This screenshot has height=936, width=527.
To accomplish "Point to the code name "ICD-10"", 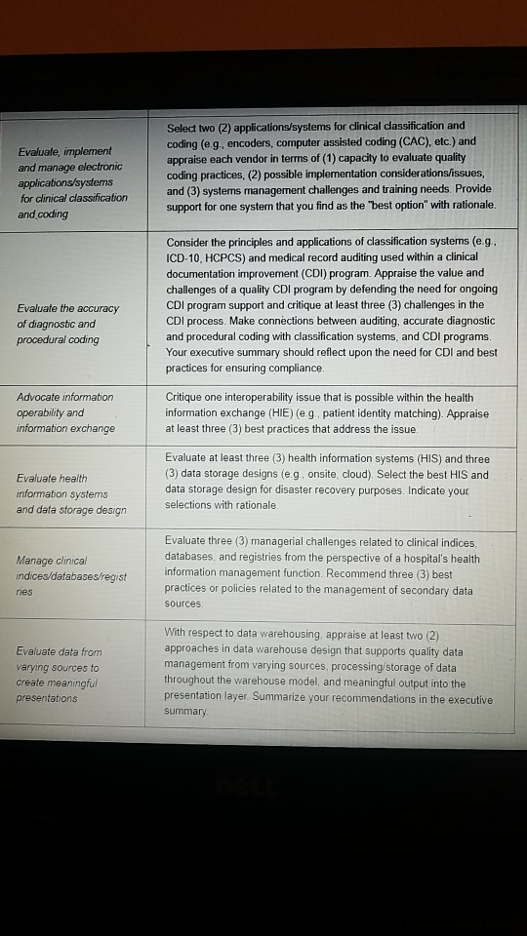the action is (185, 256).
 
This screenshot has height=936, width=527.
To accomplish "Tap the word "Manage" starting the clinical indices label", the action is (36, 560).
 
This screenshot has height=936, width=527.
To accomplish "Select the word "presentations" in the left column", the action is (46, 698).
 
